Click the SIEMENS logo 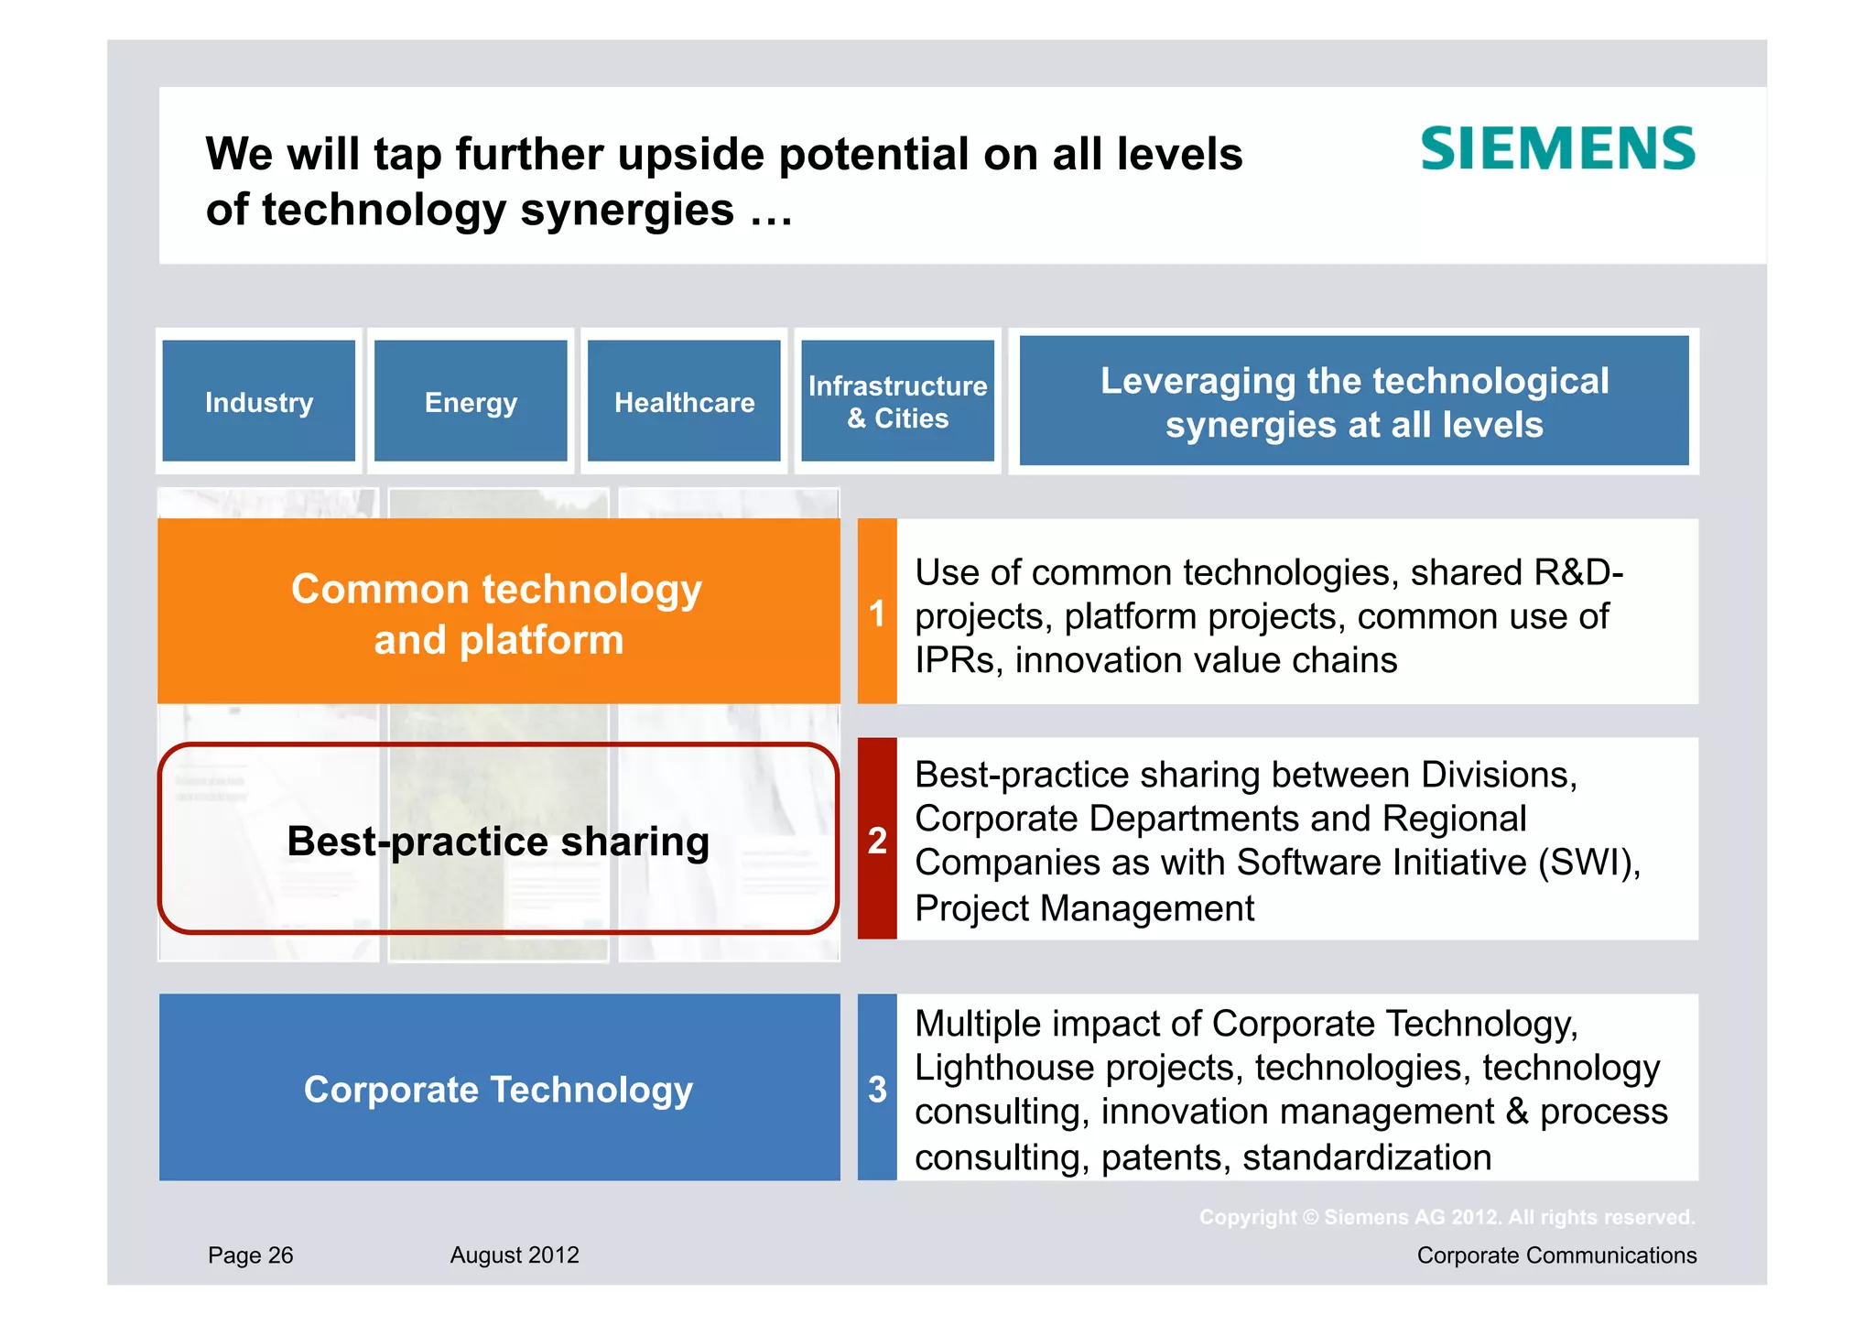click(x=1557, y=149)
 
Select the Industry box click(x=259, y=401)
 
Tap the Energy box click(x=471, y=401)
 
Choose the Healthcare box click(x=684, y=401)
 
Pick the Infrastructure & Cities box click(x=897, y=401)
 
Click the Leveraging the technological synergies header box click(x=1353, y=401)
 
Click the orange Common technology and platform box click(x=498, y=612)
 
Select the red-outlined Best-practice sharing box click(x=498, y=840)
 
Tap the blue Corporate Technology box click(x=498, y=1088)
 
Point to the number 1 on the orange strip click(x=877, y=614)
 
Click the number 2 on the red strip click(x=877, y=840)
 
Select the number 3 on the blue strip click(x=877, y=1089)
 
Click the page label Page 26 click(x=250, y=1254)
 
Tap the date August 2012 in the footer click(x=515, y=1254)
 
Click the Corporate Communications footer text click(x=1556, y=1254)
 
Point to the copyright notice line click(x=1447, y=1217)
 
